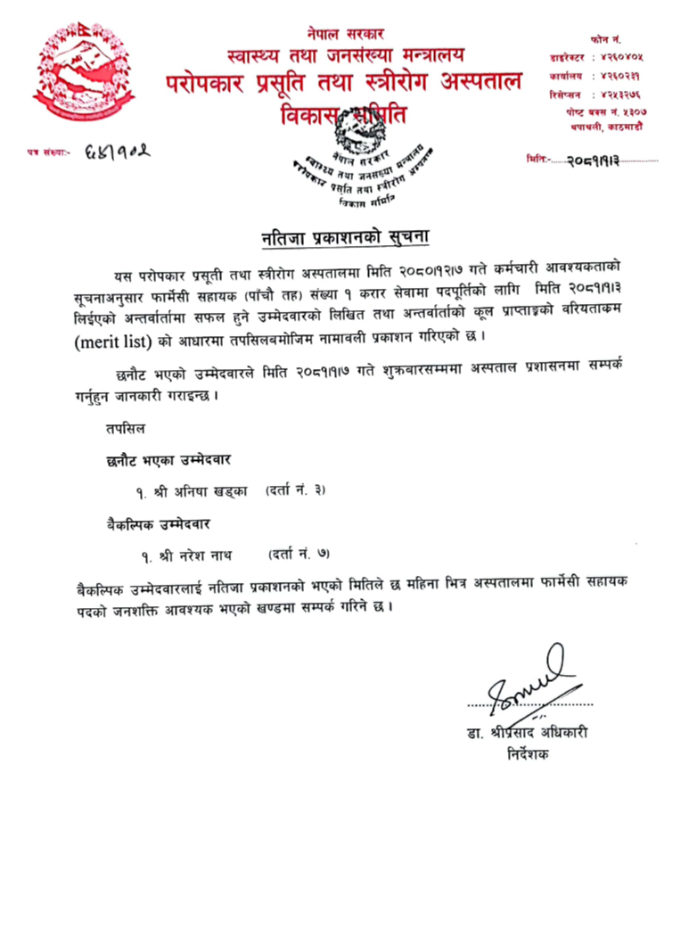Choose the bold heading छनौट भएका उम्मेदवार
click(x=168, y=460)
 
